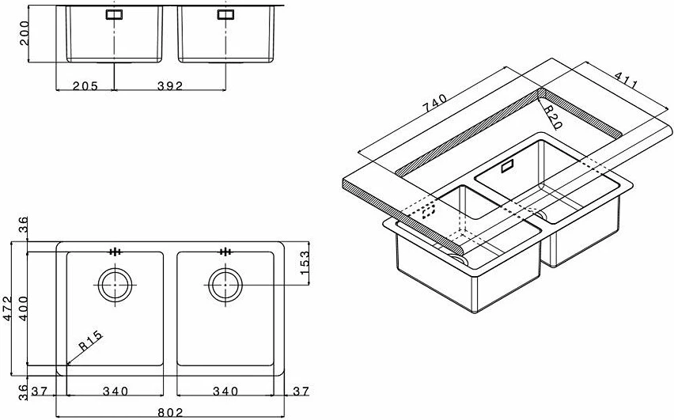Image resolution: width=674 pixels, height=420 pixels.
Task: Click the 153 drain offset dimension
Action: [x=304, y=262]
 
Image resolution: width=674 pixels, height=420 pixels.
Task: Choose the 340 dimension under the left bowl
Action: [x=115, y=392]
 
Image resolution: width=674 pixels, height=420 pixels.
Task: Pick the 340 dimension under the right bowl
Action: [x=225, y=392]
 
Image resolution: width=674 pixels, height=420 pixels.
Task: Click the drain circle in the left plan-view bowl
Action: [x=115, y=283]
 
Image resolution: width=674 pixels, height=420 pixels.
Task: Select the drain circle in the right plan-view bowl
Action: [x=225, y=283]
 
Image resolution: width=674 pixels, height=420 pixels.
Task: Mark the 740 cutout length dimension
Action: [x=434, y=102]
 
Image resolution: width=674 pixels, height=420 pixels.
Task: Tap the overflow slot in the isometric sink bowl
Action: [x=507, y=165]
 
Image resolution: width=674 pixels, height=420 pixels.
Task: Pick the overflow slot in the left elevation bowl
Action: [x=115, y=13]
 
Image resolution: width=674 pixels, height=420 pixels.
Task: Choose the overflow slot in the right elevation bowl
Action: [x=225, y=13]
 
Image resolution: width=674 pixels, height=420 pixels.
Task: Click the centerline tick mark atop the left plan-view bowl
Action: [x=115, y=252]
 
